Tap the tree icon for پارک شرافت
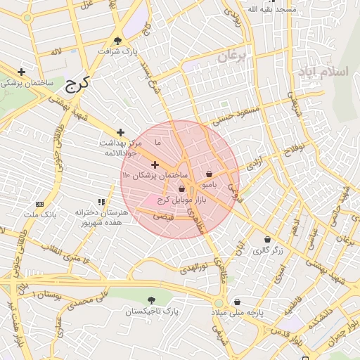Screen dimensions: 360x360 click(x=117, y=40)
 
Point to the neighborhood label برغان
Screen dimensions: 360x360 click(x=233, y=58)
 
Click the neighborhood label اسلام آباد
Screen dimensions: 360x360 click(x=323, y=72)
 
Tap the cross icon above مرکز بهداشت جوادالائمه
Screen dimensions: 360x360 click(x=121, y=131)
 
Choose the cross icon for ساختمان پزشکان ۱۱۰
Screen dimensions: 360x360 click(x=155, y=165)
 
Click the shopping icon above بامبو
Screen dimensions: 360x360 click(x=209, y=174)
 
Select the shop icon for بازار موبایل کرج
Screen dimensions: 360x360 click(x=182, y=188)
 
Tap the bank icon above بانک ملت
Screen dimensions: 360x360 click(x=39, y=203)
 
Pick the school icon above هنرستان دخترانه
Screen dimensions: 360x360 click(x=101, y=202)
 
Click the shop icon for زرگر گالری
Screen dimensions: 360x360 click(x=267, y=239)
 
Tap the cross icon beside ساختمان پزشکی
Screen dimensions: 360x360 click(x=22, y=72)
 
